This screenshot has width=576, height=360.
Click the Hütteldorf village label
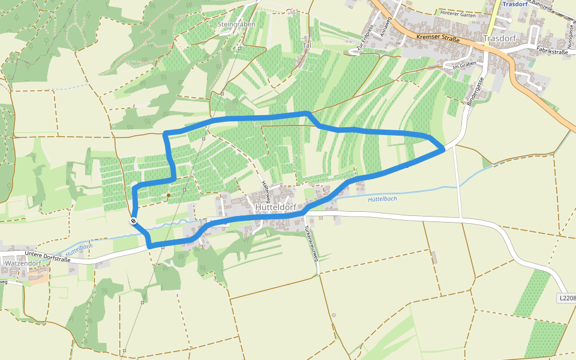click(275, 207)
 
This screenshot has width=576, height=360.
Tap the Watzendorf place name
click(23, 263)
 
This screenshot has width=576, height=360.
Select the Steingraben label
click(236, 24)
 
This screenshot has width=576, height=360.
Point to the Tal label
click(307, 46)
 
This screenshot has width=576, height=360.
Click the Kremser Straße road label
click(437, 38)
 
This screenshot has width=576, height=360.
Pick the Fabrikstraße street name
click(552, 52)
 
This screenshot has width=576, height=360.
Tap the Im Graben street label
click(463, 65)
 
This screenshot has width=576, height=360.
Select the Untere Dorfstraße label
click(48, 257)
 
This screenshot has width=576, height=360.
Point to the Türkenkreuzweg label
click(310, 244)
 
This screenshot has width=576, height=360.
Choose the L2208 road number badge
click(566, 298)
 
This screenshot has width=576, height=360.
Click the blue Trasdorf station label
click(514, 4)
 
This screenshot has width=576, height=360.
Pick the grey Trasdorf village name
click(499, 38)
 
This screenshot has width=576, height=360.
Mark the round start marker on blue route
click(133, 221)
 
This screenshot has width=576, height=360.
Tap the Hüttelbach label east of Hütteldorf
click(382, 199)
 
